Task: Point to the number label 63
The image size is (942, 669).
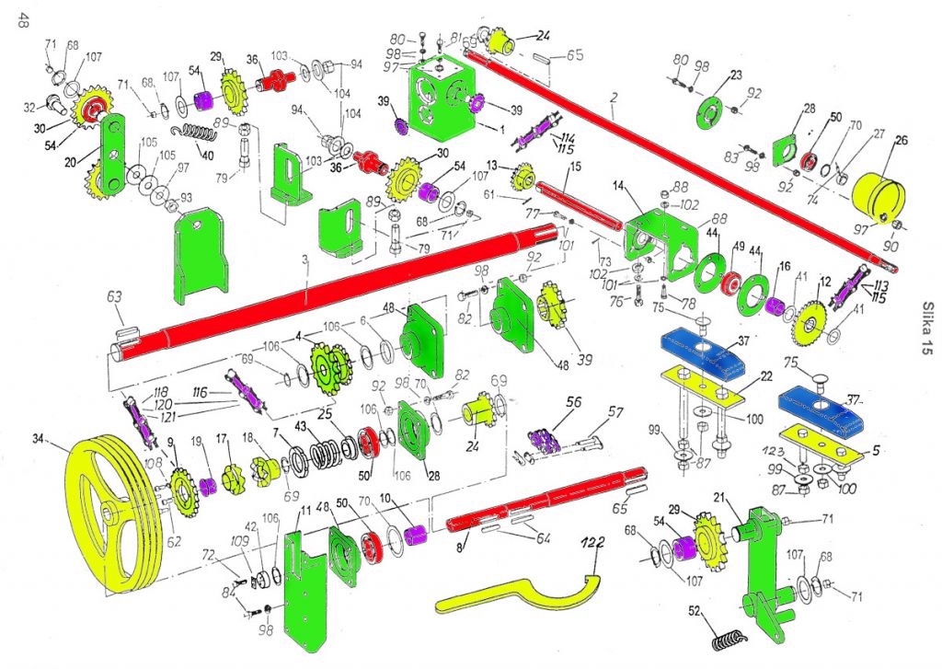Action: click(114, 297)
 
